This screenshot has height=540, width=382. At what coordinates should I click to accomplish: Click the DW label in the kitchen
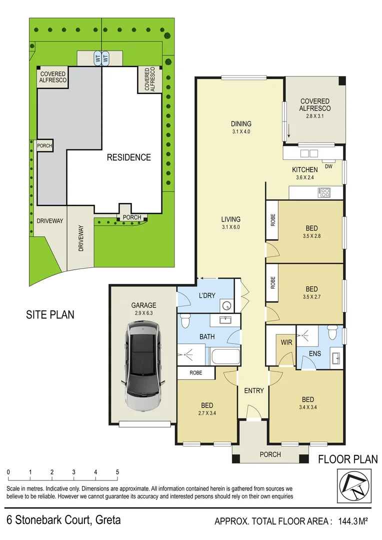click(328, 166)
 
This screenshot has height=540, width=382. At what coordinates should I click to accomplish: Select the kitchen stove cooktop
click(325, 191)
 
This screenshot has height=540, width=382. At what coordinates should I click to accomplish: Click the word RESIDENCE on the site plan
click(128, 157)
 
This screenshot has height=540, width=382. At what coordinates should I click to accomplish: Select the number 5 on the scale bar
click(117, 472)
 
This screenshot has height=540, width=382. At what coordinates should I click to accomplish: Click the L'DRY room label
click(206, 295)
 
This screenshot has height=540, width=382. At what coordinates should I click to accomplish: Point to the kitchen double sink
click(308, 153)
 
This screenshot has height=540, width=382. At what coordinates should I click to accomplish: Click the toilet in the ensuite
click(331, 331)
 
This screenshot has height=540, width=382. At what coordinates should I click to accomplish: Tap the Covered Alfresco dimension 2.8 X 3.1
click(315, 116)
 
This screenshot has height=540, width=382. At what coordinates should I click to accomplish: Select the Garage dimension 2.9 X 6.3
click(143, 313)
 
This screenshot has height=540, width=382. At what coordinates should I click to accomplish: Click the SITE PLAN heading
click(50, 314)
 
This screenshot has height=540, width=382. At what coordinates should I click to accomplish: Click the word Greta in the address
click(107, 520)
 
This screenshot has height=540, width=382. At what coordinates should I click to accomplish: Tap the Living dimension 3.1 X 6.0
click(231, 227)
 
